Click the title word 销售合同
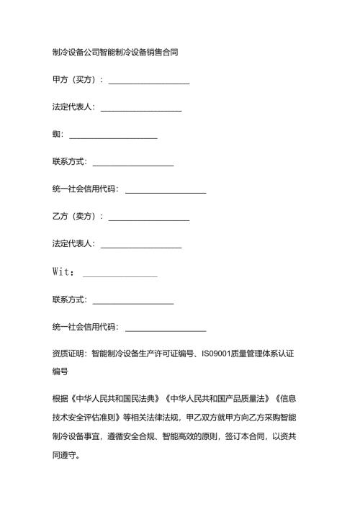pos(161,53)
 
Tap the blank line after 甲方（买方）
pos(148,80)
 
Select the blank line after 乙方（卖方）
pos(148,217)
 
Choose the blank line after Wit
pos(120,272)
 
